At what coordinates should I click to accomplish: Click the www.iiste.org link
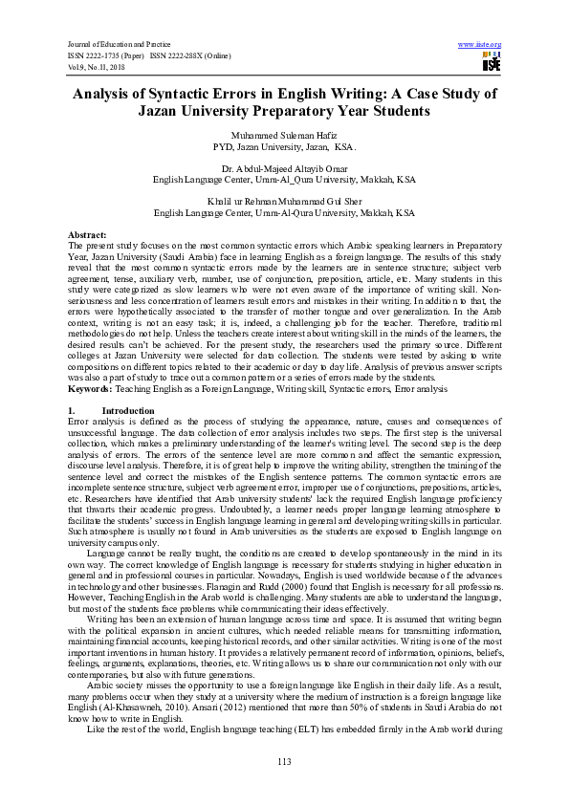(480, 45)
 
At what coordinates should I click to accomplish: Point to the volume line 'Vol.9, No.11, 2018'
(96, 67)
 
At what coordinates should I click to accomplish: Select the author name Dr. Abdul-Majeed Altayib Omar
(284, 168)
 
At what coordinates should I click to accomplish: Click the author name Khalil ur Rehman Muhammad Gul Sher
(284, 202)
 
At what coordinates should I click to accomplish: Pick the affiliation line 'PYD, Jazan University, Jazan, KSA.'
(284, 148)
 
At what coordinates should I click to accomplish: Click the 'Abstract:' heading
(88, 234)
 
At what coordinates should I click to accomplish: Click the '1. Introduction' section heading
(105, 408)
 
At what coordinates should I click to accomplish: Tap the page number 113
(284, 760)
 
